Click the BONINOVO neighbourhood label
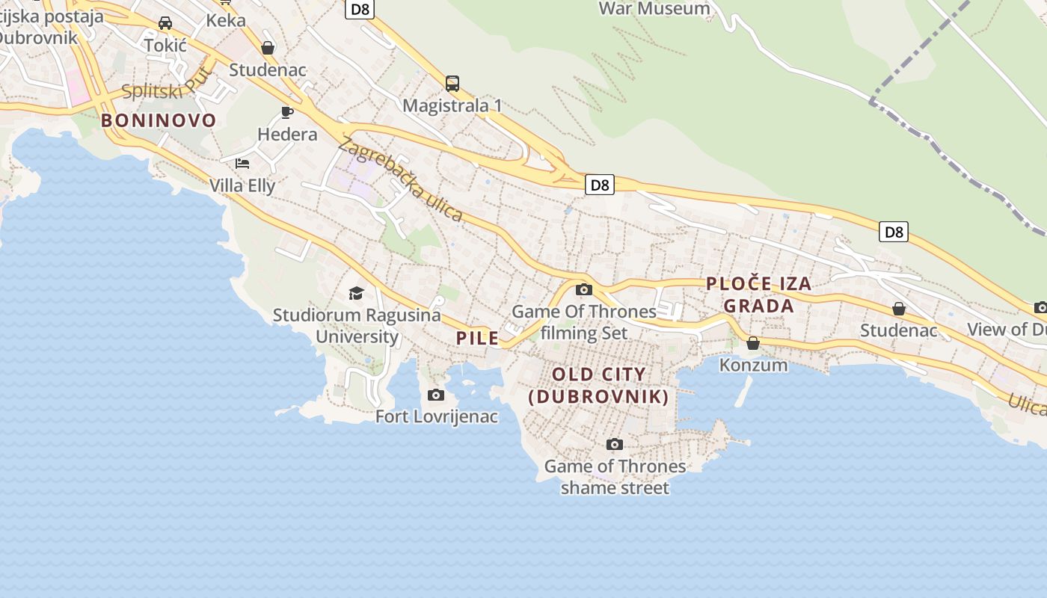[x=159, y=120]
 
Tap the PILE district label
[x=477, y=338]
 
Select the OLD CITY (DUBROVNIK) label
[x=598, y=385]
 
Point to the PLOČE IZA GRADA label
[x=759, y=295]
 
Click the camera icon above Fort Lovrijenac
[x=436, y=395]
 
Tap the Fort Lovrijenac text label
[x=436, y=416]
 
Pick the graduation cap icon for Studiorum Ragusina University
[x=356, y=294]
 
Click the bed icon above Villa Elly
[x=242, y=163]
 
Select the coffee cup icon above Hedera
[x=286, y=113]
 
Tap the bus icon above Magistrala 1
[x=452, y=84]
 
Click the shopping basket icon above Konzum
[x=753, y=343]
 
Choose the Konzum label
[x=753, y=365]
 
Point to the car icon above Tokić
[x=165, y=23]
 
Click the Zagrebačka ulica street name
[x=399, y=179]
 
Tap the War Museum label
[x=654, y=9]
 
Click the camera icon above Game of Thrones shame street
[x=615, y=445]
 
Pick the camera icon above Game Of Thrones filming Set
[x=584, y=290]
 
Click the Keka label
[x=226, y=20]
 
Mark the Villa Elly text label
[x=242, y=185]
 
